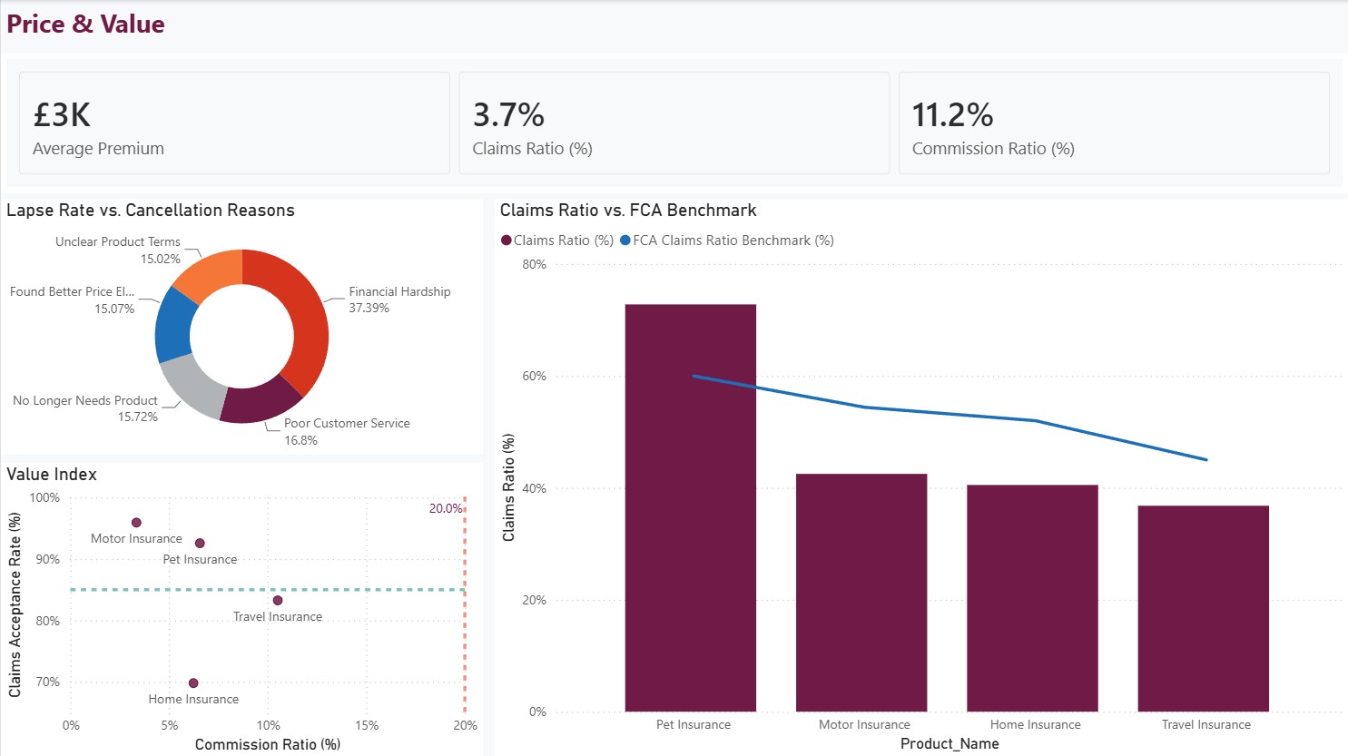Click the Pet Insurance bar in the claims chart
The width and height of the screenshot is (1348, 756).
(690, 507)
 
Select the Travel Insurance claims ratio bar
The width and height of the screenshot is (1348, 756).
(1203, 609)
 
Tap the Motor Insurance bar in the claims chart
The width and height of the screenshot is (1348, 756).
(861, 593)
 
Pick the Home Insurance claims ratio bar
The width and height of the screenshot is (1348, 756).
(1032, 598)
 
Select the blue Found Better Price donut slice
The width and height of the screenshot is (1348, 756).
(173, 325)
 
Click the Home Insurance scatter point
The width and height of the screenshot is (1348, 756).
(193, 683)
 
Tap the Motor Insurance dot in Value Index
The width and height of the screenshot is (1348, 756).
(136, 523)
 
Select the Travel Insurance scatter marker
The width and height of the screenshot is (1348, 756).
(278, 600)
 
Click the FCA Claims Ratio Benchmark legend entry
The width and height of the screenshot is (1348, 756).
(727, 241)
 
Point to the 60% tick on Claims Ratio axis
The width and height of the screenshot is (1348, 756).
(535, 377)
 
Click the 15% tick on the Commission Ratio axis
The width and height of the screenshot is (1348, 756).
(367, 725)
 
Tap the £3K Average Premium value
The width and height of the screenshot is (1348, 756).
(62, 115)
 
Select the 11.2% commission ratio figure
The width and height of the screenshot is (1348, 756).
(952, 115)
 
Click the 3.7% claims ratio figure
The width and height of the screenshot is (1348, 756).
(508, 115)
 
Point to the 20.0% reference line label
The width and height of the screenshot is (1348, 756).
(446, 509)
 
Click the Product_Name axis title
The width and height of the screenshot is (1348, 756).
(950, 744)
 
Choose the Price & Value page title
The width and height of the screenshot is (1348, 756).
(85, 25)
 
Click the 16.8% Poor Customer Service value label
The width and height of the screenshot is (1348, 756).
(300, 440)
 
